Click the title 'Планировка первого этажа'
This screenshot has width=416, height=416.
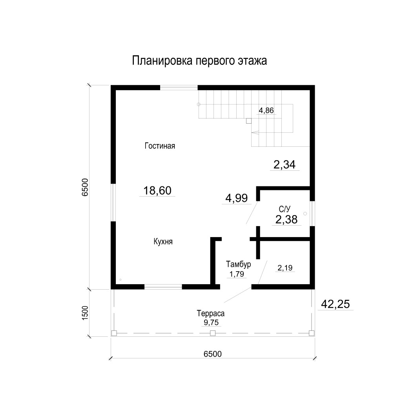point(199,61)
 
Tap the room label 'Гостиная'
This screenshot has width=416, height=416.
point(160,146)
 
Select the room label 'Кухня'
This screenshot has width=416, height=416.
point(163,241)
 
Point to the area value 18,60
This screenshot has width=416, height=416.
point(157,190)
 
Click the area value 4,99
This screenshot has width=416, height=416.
point(236,198)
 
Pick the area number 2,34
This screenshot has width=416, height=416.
point(285,164)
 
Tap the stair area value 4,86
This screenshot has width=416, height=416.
point(266,110)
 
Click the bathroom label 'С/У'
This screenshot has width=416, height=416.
point(285,209)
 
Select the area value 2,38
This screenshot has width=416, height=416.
point(286,219)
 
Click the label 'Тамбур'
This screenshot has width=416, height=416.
point(239,264)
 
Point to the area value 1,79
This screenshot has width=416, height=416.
point(237,274)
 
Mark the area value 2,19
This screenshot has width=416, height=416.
point(285,268)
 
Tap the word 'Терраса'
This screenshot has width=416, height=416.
point(211,313)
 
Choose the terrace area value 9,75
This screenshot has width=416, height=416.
point(211,322)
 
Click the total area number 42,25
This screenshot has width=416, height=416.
point(335,304)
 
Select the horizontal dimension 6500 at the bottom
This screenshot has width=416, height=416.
point(212,354)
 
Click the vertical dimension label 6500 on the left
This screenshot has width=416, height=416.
point(85,187)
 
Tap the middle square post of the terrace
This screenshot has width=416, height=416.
point(212,333)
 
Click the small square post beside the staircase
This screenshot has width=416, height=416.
point(248,121)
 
